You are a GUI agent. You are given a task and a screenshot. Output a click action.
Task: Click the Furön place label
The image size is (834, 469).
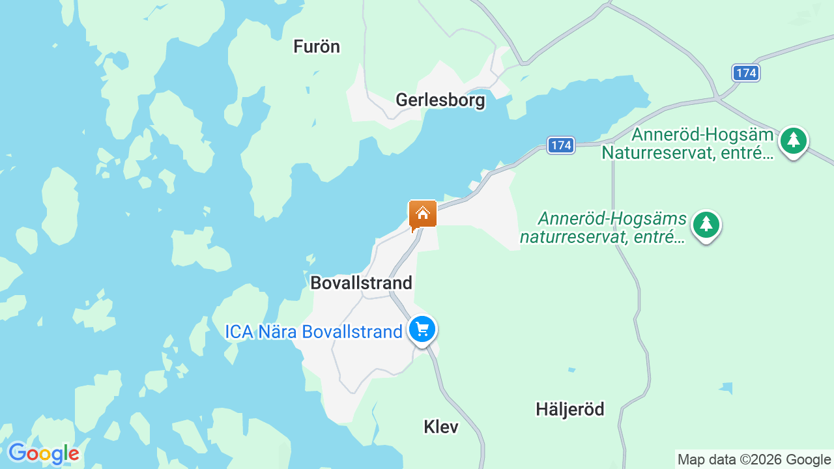tap(317, 46)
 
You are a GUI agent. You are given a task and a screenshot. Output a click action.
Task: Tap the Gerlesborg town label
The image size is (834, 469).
tap(440, 100)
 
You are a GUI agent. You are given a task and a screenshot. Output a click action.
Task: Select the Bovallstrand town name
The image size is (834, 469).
tap(361, 283)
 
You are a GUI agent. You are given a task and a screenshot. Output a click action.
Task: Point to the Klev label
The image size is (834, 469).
tap(441, 427)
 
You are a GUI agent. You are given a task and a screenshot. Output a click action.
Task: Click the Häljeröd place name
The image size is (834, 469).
tap(570, 409)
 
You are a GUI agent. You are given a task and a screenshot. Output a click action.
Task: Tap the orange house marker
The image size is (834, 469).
tap(422, 214)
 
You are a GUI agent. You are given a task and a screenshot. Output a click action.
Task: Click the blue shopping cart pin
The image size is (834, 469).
tap(422, 329)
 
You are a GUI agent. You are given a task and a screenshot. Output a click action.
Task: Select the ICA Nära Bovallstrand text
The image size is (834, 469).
tap(313, 332)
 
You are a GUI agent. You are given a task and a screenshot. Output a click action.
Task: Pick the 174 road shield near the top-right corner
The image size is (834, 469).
tap(745, 73)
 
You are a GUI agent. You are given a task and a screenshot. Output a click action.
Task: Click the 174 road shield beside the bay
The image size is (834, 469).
tap(560, 145)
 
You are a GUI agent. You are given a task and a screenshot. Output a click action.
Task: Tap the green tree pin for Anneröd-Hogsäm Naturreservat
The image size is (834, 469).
tap(793, 140)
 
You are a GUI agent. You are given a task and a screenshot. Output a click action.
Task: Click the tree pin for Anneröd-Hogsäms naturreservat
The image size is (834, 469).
tap(706, 225)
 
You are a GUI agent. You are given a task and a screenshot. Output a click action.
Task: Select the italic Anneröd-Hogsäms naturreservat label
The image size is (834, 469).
tap(603, 227)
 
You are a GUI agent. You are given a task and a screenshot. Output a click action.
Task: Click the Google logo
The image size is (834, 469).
tap(44, 453)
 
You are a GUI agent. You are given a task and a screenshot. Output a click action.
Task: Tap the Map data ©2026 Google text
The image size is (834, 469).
tap(754, 459)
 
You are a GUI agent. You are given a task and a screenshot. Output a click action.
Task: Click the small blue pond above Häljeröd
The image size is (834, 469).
tap(571, 370)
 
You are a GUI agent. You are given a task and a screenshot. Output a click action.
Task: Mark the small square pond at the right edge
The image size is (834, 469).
tap(726, 388)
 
